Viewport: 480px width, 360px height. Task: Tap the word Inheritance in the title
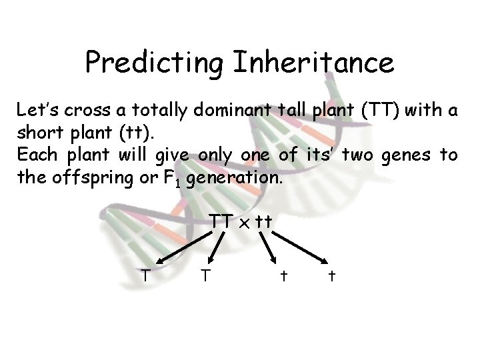[313, 63]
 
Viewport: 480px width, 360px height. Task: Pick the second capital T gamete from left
[207, 274]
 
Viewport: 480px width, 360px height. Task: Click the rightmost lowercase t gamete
[331, 275]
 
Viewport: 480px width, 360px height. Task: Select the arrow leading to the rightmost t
[301, 247]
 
